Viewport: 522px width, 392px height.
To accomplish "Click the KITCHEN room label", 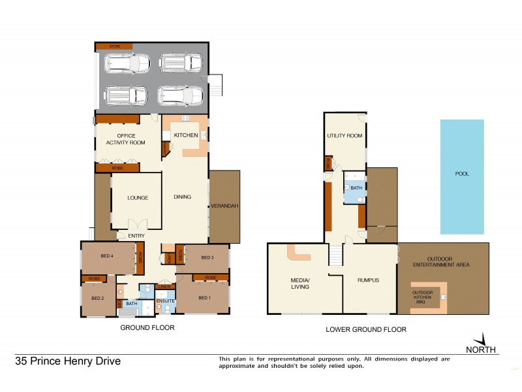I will [185, 135].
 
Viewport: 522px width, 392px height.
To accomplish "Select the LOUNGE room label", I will [138, 198].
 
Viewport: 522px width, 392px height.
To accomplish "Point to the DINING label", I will [182, 197].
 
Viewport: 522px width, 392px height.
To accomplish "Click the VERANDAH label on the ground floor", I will [224, 206].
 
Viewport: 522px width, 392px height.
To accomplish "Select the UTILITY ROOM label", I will [345, 136].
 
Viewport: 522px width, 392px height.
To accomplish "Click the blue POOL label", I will [462, 174].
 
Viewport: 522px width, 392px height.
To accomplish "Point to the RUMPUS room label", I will [368, 280].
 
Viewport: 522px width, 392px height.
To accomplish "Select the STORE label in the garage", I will [115, 46].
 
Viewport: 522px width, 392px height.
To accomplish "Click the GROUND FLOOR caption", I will [147, 327].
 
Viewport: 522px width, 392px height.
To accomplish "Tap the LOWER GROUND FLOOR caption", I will [365, 330].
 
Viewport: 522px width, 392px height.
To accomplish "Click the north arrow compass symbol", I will [482, 340].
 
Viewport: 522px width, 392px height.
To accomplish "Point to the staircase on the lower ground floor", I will [335, 255].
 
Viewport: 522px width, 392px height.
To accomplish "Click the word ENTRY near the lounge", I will [136, 236].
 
